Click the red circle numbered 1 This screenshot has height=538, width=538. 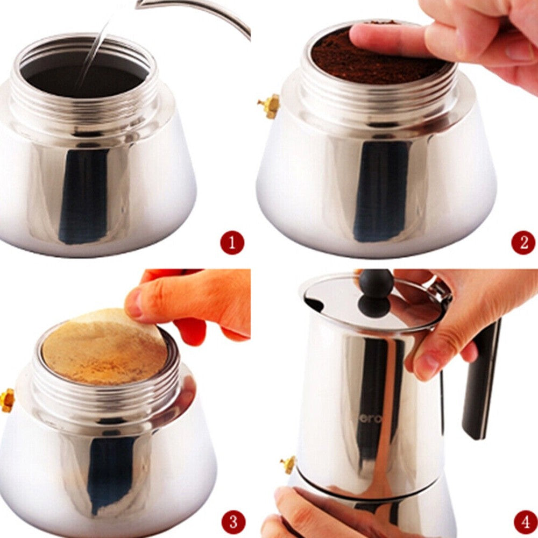(232, 243)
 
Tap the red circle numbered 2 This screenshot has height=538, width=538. (523, 243)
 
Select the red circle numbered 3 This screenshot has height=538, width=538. (232, 521)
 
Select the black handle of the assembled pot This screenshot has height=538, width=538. (480, 377)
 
